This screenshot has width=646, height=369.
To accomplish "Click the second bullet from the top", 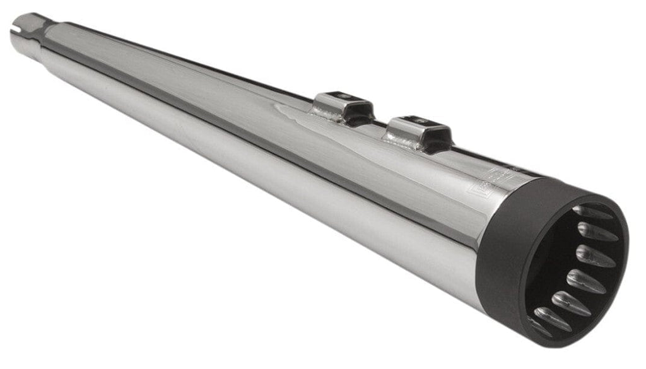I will [596, 232].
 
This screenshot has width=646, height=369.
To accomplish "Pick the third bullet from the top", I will [594, 255].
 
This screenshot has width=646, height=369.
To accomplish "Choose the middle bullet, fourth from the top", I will [585, 280].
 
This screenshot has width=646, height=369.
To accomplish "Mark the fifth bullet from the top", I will [570, 303].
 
